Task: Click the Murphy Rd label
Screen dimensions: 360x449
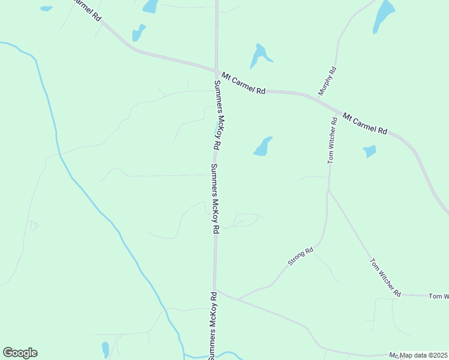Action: [328, 81]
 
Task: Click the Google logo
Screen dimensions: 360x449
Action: [20, 353]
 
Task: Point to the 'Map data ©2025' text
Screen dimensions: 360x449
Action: [424, 355]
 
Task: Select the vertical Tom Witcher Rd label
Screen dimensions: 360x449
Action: [332, 140]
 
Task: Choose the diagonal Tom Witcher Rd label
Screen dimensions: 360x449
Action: [385, 277]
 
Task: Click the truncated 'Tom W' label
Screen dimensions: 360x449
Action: [438, 296]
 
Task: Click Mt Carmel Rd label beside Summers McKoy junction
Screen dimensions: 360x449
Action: [243, 83]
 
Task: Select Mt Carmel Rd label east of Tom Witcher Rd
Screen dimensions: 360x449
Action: [365, 122]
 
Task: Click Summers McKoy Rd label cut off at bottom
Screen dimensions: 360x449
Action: [212, 324]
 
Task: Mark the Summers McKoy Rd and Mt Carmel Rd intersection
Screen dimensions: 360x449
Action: [217, 71]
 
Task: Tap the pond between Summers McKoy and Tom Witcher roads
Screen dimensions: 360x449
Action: [263, 146]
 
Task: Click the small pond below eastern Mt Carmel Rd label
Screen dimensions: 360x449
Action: [370, 151]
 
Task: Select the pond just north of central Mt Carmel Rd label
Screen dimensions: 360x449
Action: [259, 56]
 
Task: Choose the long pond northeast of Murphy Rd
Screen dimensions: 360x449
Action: [383, 15]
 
